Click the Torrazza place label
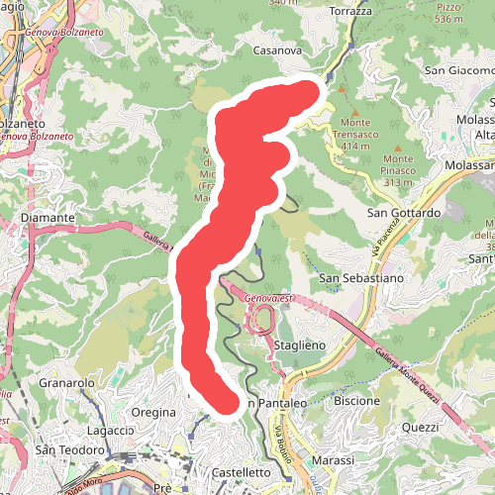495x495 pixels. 351,11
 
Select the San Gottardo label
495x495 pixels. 403,213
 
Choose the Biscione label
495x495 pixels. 357,401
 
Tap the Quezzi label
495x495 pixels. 421,427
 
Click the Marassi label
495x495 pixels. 332,461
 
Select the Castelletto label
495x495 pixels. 242,473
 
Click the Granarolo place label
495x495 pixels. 66,382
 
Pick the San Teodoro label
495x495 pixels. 68,450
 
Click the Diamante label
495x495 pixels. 41,217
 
